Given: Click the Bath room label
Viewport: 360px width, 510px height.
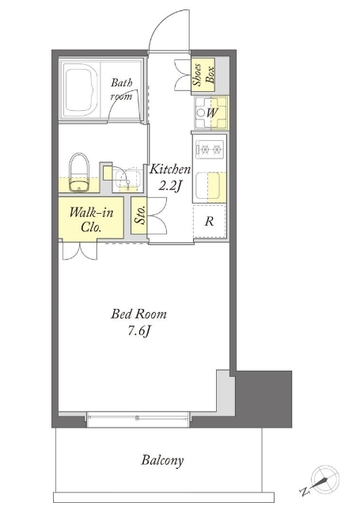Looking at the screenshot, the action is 122,89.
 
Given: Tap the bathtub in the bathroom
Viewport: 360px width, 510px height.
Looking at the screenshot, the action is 81,89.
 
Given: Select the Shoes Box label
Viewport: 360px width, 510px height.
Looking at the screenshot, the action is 203,75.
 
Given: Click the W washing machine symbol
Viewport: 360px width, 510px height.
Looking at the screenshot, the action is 211,113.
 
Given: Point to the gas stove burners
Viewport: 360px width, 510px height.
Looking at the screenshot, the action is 210,150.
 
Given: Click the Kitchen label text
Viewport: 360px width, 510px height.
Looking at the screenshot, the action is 169,169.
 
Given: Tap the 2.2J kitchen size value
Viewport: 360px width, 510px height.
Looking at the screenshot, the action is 169,186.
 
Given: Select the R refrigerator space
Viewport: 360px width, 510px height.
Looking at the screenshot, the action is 210,221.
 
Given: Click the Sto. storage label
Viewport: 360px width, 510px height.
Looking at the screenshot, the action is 140,215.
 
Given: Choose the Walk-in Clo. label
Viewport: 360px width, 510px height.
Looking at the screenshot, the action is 91,220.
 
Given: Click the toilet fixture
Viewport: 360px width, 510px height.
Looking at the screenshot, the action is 79,173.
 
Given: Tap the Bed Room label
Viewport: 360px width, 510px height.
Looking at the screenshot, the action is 138,314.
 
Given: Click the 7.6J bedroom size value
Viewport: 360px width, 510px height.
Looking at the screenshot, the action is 139,331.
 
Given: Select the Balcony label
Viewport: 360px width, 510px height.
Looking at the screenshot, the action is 162,461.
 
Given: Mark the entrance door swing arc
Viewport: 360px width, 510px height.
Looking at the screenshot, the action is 162,23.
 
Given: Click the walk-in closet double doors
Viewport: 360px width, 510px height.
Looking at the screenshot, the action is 80,250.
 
